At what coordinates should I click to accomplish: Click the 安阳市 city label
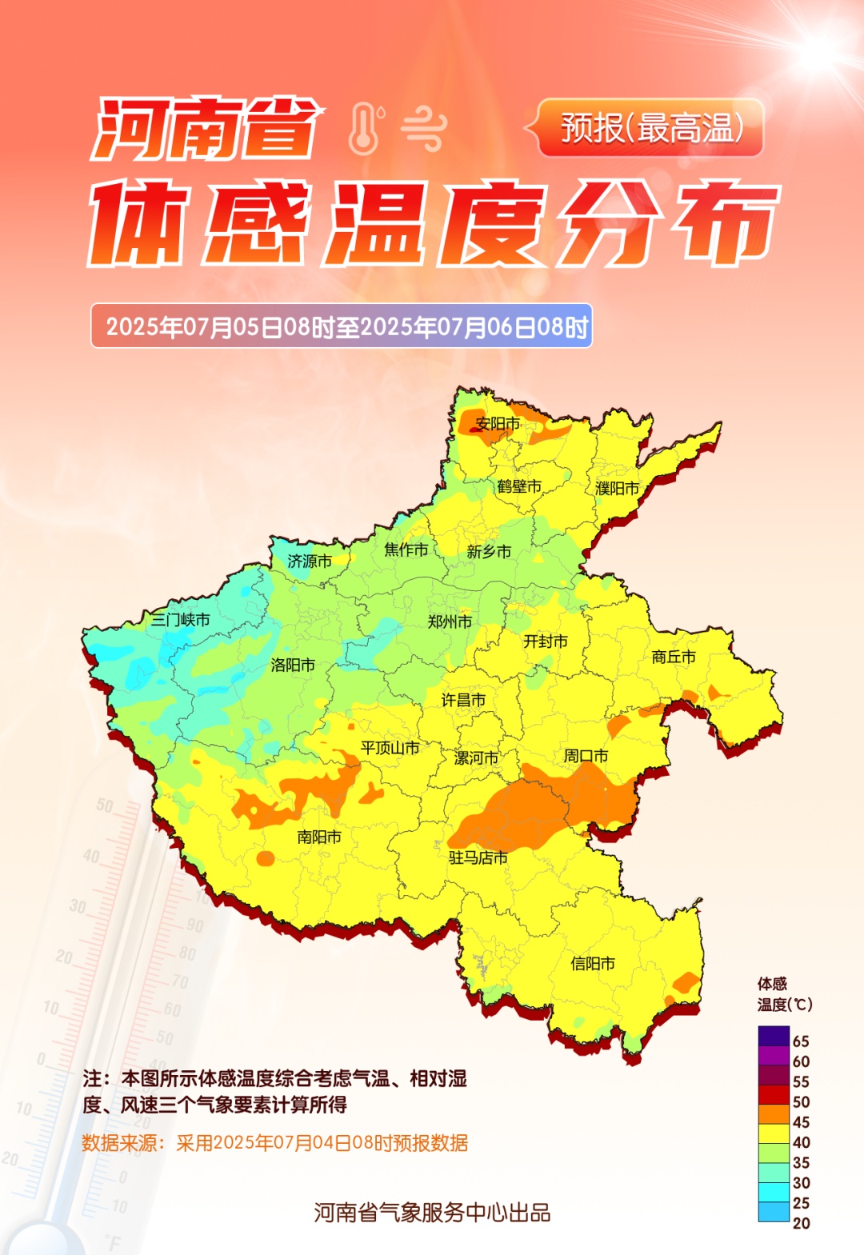click(x=498, y=424)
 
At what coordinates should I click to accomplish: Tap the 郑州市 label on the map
click(x=450, y=622)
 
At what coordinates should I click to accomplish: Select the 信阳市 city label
click(x=593, y=964)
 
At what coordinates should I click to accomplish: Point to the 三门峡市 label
click(x=181, y=620)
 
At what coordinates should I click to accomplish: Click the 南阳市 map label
click(x=319, y=837)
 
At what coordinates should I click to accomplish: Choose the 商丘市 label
click(x=674, y=657)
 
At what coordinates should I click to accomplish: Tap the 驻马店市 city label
click(x=478, y=858)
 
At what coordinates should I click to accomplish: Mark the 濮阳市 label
click(x=618, y=488)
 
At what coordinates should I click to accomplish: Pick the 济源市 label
click(x=310, y=562)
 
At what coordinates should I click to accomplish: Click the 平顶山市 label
click(x=390, y=748)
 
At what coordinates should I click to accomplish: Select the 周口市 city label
click(x=586, y=756)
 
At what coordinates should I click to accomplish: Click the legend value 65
click(x=801, y=1041)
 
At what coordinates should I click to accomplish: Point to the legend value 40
click(x=801, y=1142)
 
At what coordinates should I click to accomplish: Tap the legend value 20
click(x=801, y=1223)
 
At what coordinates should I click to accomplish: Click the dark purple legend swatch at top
click(x=774, y=1036)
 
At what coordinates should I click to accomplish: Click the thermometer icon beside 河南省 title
click(x=365, y=128)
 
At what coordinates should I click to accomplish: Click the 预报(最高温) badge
click(x=650, y=128)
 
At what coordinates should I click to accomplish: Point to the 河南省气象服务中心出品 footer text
click(x=432, y=1213)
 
